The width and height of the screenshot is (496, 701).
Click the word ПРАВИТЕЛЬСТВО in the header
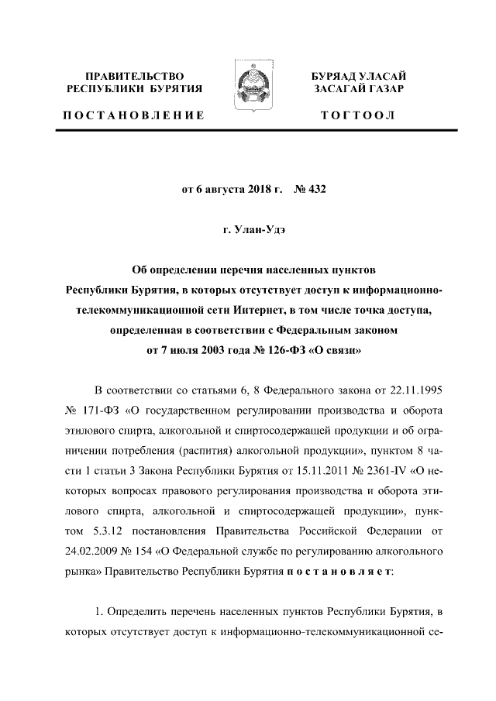(135, 76)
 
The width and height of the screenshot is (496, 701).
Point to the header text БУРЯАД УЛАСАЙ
(359, 76)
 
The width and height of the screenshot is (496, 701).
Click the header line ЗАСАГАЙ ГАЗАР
(359, 90)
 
